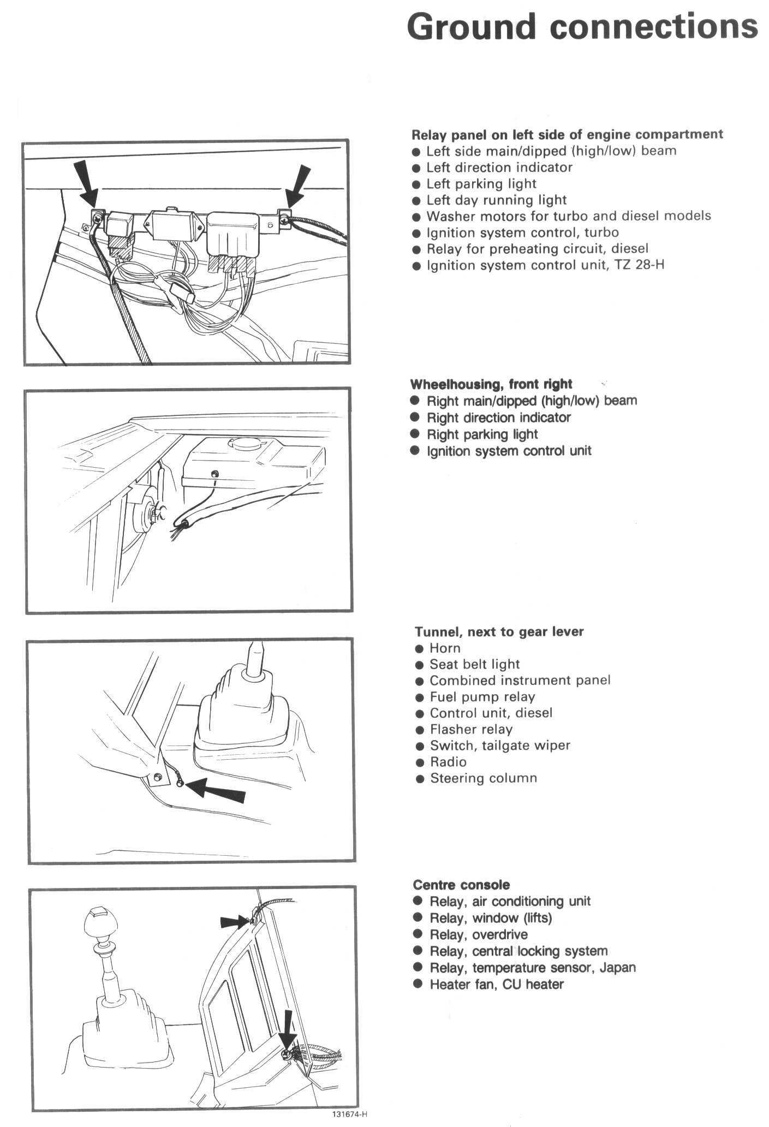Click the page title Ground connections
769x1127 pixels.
click(582, 27)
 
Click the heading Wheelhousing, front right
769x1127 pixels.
click(491, 384)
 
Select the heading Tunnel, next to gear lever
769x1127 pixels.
click(499, 631)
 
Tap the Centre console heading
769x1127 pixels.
click(461, 885)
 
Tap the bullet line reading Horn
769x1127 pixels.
click(445, 648)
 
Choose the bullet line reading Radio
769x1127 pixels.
click(448, 762)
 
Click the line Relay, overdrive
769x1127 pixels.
click(479, 934)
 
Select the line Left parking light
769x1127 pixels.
click(481, 183)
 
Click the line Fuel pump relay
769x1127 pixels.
click(482, 696)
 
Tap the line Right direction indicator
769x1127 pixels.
click(498, 418)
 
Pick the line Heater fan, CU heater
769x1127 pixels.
click(497, 984)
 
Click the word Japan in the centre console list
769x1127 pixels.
click(617, 968)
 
